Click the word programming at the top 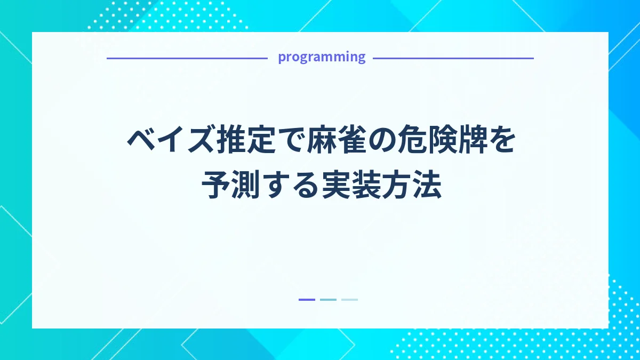[322, 57]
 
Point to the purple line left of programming [187, 58]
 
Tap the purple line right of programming [453, 58]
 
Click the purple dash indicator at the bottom [307, 300]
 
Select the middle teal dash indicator [328, 300]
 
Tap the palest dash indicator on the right [349, 300]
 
